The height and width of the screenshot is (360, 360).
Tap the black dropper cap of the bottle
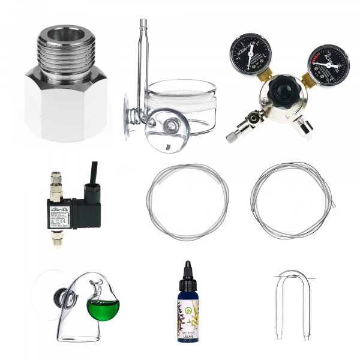pos(188,274)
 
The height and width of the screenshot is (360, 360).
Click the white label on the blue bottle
pos(188,321)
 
